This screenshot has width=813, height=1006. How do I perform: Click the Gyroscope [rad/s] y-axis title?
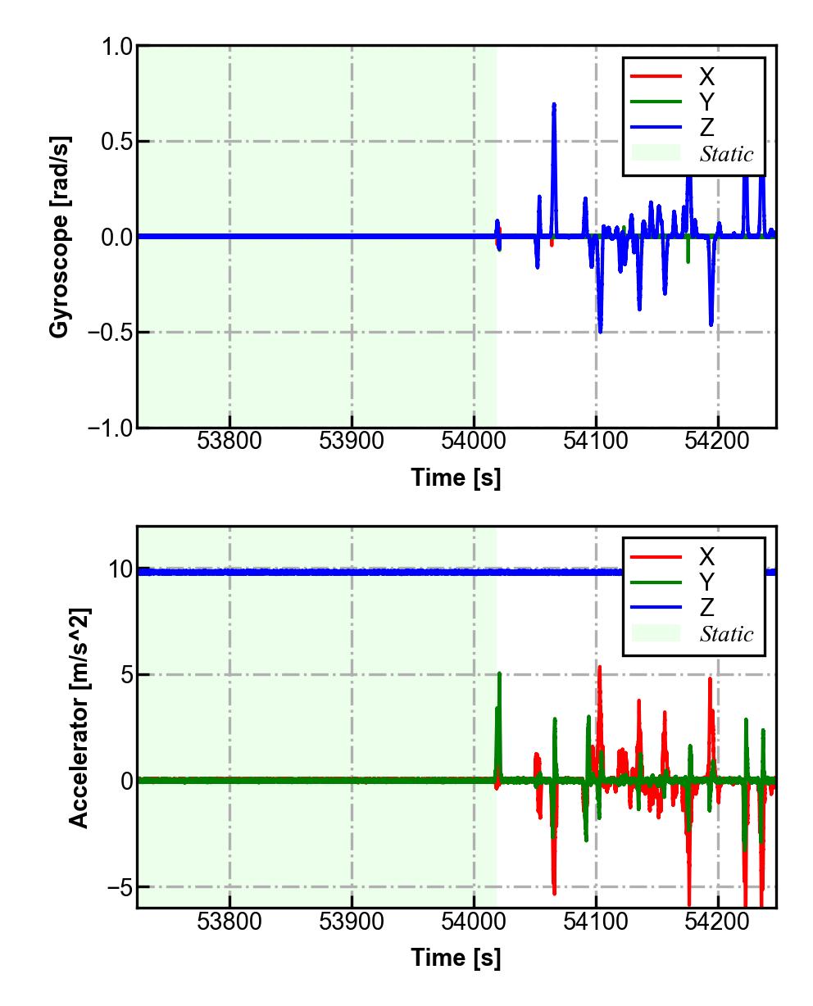pos(59,236)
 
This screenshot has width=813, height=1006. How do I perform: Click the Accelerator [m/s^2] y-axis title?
pos(79,717)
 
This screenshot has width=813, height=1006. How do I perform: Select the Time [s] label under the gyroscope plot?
pos(456,478)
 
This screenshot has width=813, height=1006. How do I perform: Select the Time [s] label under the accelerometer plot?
pos(456,957)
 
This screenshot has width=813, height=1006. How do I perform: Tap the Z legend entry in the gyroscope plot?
pos(706,127)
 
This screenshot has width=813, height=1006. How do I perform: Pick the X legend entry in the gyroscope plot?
pos(706,76)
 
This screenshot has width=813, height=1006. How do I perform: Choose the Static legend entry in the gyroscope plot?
pos(726,153)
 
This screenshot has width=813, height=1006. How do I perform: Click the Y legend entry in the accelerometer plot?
pos(706,582)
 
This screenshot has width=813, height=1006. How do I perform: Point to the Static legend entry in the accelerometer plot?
pos(726,633)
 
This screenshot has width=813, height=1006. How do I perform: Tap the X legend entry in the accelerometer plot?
pos(706,556)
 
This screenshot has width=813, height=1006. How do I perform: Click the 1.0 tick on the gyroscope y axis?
pos(116,47)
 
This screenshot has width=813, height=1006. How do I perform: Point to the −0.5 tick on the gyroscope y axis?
pos(108,332)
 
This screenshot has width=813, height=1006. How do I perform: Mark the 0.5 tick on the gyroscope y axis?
pos(116,142)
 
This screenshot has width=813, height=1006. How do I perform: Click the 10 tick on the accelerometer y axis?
pos(120,569)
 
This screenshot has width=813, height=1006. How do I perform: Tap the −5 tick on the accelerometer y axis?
pos(116,886)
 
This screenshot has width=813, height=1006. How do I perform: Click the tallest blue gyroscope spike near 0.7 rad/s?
pos(554,106)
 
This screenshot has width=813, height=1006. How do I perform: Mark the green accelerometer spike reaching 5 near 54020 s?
pos(499,675)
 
